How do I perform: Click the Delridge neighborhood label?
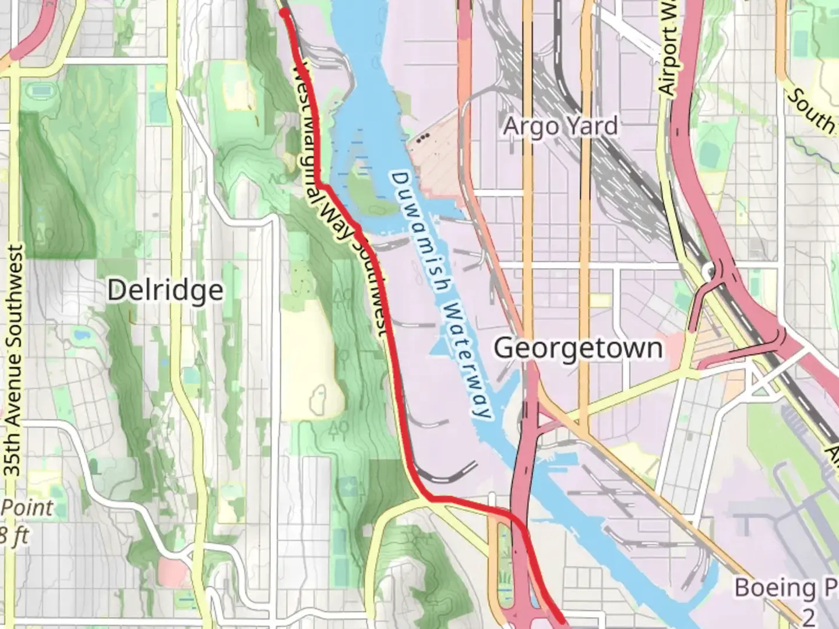(165, 290)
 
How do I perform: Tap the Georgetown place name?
(578, 348)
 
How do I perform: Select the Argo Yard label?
(560, 126)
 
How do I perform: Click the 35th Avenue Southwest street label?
(14, 361)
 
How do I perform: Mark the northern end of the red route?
(284, 12)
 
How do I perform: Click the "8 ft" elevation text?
(13, 535)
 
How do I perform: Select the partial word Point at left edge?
(26, 507)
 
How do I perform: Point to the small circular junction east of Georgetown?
(709, 270)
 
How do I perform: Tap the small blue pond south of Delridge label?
(79, 335)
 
